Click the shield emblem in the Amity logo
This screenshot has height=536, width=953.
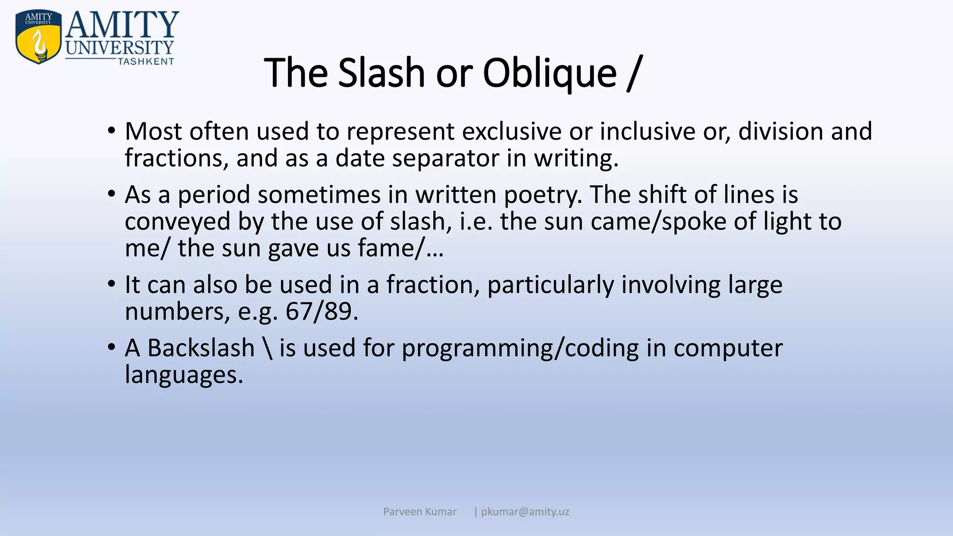pos(39,37)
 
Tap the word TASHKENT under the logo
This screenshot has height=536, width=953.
pos(146,62)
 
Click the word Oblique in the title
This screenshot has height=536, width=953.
pos(550,74)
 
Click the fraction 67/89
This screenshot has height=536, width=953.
pos(321,311)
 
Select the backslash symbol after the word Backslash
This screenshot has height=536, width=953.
pos(267,348)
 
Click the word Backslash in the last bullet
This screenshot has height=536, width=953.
pos(201,348)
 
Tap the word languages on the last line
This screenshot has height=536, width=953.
pos(184,375)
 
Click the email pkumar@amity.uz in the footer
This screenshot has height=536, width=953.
pos(525,512)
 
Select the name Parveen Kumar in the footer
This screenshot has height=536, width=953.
pos(420,512)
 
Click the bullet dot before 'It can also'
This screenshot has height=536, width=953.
pos(111,284)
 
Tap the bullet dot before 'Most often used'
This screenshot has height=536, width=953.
pos(111,131)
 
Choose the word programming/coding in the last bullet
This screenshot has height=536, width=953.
pos(520,348)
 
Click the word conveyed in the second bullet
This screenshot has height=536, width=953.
pos(177,221)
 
